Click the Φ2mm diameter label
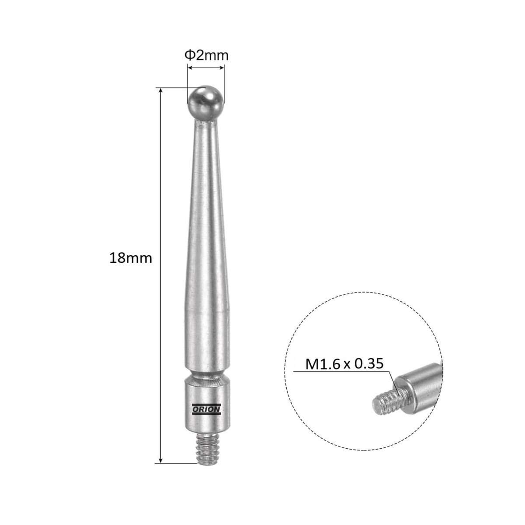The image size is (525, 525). pos(206,56)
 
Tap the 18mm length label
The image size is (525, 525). pos(130,258)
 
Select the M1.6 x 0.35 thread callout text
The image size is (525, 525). pos(344,364)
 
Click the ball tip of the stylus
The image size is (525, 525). pos(206,103)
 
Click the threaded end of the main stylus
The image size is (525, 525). pos(206,448)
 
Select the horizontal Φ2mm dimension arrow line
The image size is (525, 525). pos(206,68)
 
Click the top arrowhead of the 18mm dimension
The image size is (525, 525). pos(161,91)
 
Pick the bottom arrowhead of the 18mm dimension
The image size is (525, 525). pos(161,460)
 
